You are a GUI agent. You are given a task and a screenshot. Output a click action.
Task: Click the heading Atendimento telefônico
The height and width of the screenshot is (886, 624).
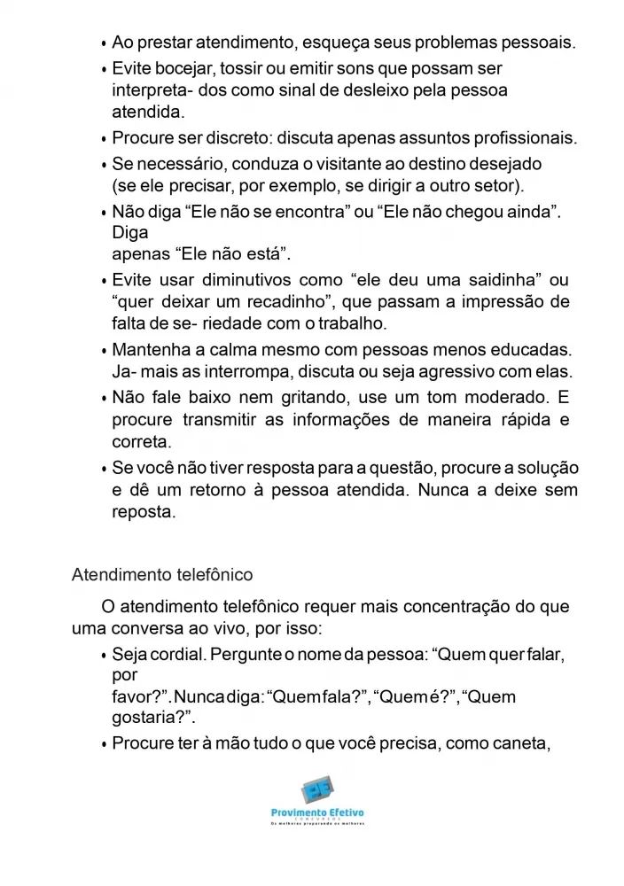(x=162, y=574)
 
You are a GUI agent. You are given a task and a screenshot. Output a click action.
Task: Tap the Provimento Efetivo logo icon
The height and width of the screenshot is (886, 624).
(x=316, y=791)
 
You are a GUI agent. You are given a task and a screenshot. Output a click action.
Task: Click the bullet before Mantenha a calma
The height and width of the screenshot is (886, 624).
(x=105, y=352)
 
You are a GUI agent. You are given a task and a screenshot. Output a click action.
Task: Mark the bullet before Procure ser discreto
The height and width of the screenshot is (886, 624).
(x=105, y=140)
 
